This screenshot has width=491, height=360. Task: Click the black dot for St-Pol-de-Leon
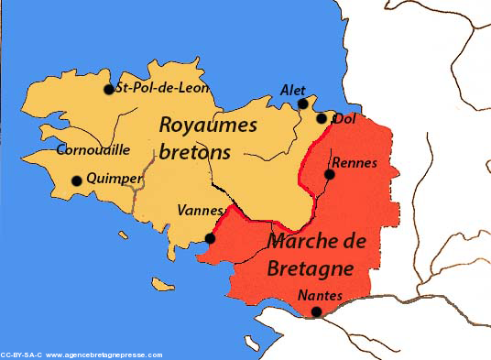pos(108,90)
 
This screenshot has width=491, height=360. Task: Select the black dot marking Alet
pos(303,104)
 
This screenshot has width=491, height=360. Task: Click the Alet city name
pos(290,90)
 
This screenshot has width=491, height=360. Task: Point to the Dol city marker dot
pos(322,117)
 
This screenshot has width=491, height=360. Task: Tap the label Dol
pos(344,118)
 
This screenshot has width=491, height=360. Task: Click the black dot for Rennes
pos(329,174)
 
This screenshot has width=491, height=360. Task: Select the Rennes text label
pos(355,162)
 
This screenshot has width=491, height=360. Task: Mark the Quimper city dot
pos(78,180)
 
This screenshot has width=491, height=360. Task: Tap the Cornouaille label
pos(93,149)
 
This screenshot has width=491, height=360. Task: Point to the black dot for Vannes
pos(211,238)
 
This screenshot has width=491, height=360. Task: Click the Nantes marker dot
pos(317,312)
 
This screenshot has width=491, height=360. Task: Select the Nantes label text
pos(321,296)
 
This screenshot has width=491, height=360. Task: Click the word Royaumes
pos(209,125)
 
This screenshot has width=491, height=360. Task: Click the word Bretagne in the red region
pos(309,268)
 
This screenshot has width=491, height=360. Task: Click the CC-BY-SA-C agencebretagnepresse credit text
pos(82,355)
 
